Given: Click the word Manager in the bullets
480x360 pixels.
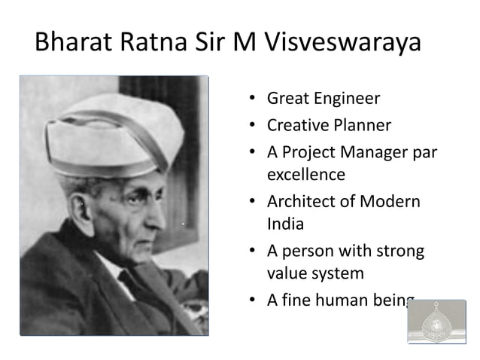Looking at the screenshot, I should coord(369,151).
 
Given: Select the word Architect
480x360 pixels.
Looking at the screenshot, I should coord(301,201).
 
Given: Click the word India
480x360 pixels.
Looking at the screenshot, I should coord(282,224).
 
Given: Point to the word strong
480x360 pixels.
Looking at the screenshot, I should coord(399,250).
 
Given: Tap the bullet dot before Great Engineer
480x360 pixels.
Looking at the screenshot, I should coord(254,99).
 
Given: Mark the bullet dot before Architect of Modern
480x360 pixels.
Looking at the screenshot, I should coord(254,202).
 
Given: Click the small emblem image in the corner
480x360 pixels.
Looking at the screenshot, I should coord(436,322).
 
